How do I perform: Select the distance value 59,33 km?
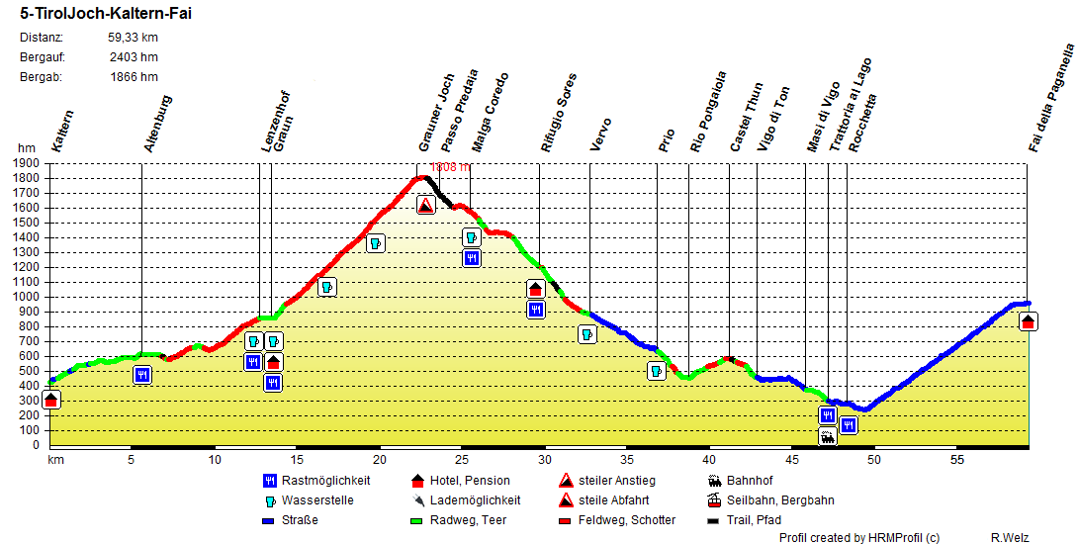[x=133, y=38]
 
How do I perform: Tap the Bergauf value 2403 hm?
[x=134, y=57]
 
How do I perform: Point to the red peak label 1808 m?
[x=450, y=167]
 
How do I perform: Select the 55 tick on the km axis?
[x=956, y=460]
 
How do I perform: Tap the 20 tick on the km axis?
[x=379, y=460]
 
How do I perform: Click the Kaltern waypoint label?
[x=62, y=131]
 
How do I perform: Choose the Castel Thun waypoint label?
[x=746, y=117]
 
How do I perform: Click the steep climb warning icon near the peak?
[x=425, y=205]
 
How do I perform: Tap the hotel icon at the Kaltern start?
[x=51, y=400]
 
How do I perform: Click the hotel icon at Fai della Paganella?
[x=1029, y=321]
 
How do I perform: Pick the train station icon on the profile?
[x=828, y=436]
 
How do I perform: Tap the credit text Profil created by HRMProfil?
[x=858, y=537]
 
